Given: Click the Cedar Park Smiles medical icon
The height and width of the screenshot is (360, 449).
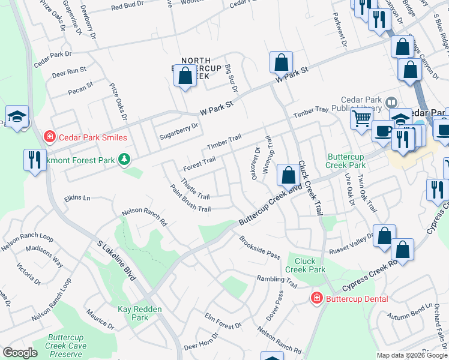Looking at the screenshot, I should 49,137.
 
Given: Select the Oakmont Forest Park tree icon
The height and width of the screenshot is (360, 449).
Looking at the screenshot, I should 124,160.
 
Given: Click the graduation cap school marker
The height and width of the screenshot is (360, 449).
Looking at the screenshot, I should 17,116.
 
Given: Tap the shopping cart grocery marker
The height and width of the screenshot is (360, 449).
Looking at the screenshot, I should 361,118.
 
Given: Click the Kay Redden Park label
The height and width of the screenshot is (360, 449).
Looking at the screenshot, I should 132,313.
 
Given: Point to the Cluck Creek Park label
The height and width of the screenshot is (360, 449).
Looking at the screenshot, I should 305,265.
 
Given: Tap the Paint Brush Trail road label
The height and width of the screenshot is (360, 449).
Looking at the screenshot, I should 190,201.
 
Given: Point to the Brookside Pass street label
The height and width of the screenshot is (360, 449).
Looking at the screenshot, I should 260,248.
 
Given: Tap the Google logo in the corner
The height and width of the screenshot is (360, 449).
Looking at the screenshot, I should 19,353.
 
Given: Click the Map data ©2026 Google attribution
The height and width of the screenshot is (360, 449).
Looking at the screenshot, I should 411,355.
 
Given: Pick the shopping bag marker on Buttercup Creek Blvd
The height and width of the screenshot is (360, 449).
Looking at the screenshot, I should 288,175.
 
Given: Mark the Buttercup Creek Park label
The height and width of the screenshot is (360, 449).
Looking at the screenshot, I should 346,160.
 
